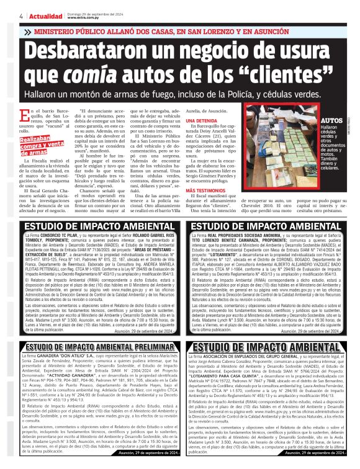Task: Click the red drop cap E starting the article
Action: click(24, 115)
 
